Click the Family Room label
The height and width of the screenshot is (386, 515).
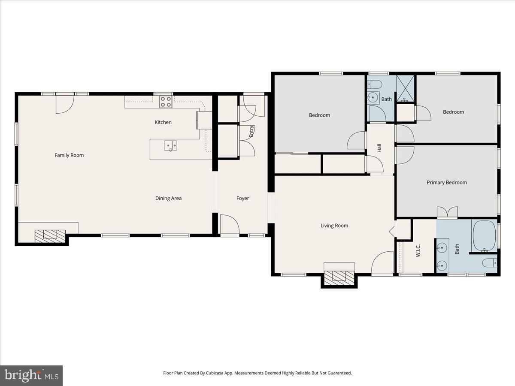69,155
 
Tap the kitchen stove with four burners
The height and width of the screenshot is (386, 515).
166,102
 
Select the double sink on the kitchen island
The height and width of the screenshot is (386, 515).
170,146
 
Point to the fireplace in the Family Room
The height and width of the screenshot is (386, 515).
50,235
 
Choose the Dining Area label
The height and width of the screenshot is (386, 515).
168,198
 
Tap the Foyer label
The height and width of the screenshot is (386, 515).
242,198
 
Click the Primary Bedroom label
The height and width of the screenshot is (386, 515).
446,182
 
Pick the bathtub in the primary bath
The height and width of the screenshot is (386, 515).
485,236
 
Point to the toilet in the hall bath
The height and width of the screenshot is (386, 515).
373,83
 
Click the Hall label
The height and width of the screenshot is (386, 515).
379,148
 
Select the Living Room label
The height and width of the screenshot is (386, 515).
334,226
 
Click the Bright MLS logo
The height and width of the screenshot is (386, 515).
31,376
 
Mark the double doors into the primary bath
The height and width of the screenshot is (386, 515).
447,212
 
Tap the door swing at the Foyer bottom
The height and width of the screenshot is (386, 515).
229,224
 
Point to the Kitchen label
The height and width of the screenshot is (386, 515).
163,122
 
